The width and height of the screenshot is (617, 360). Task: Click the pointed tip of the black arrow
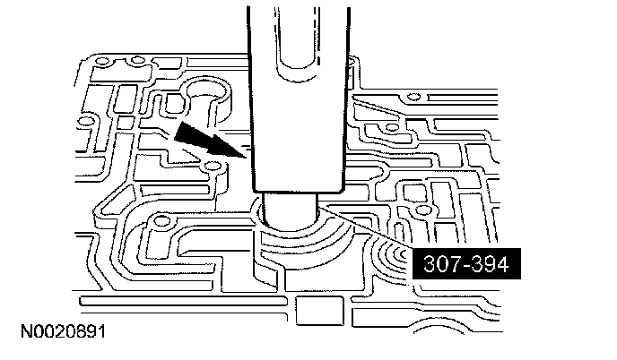243,155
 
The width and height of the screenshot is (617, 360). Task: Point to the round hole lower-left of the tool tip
162,220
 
